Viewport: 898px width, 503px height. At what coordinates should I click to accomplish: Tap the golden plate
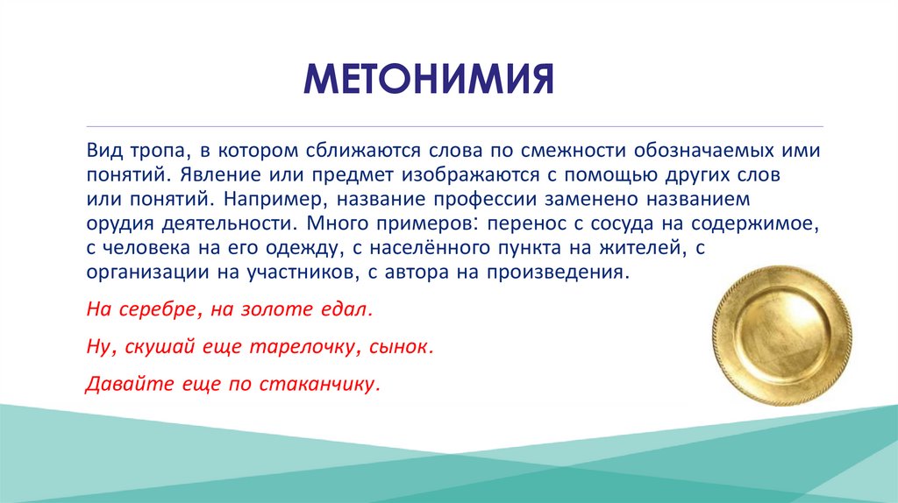[782, 336]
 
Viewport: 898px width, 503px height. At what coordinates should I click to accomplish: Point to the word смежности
[573, 151]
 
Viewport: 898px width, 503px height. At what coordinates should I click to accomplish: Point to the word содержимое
[755, 224]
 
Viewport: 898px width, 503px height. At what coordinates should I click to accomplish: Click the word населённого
[433, 249]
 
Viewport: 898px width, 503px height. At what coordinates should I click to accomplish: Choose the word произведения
[558, 273]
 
